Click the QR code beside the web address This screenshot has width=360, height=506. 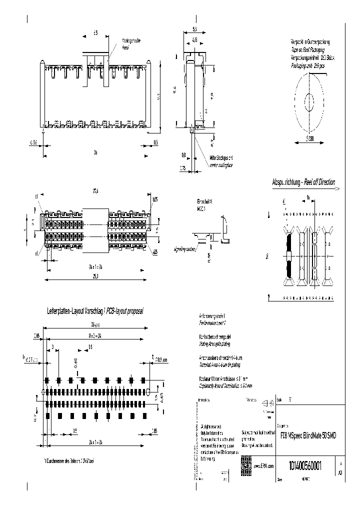pyautogui.click(x=246, y=463)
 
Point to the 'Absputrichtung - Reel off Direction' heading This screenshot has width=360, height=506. pyautogui.click(x=303, y=182)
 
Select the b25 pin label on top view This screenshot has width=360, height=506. pyautogui.click(x=155, y=199)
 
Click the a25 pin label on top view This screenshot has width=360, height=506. pyautogui.click(x=155, y=251)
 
